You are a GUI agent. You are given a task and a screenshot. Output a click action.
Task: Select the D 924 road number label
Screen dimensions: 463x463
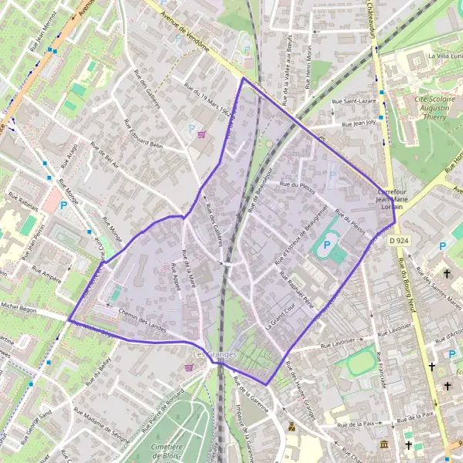pyautogui.click(x=399, y=242)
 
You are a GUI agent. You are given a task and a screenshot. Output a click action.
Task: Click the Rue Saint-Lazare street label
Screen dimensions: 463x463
pyautogui.click(x=353, y=101)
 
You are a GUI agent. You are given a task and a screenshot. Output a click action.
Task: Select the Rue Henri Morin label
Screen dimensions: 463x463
pyautogui.click(x=312, y=58)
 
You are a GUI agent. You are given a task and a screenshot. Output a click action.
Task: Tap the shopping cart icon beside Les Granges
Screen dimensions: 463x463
pyautogui.click(x=188, y=367)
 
